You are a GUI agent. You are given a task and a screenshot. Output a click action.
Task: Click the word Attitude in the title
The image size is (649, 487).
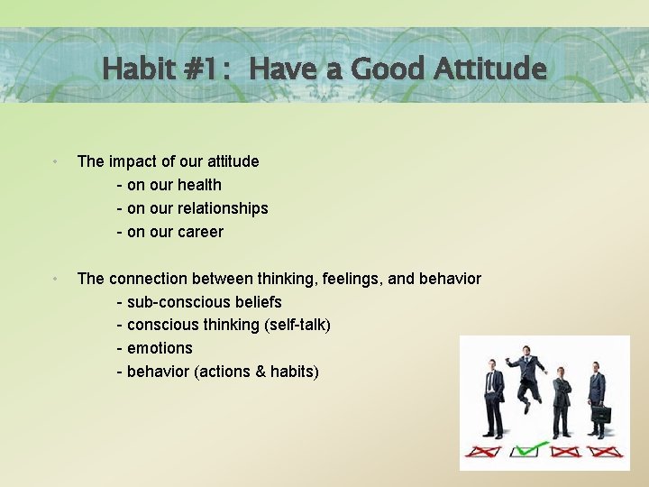(x=489, y=69)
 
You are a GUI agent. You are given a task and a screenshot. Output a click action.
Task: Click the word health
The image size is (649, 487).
(x=199, y=185)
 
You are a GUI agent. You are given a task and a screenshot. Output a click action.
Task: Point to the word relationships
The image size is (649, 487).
(x=223, y=208)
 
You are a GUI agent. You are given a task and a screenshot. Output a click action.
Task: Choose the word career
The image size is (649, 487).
(x=200, y=232)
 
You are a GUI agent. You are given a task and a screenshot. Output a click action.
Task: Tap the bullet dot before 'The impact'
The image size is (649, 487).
(x=56, y=162)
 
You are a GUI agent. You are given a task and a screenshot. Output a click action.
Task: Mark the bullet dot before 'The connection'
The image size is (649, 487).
(x=56, y=280)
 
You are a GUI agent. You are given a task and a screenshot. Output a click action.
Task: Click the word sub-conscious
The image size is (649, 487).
(x=179, y=302)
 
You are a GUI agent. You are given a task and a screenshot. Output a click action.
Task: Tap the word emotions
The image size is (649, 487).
(x=160, y=348)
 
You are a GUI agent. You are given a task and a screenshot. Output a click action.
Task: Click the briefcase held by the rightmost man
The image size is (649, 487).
(x=601, y=415)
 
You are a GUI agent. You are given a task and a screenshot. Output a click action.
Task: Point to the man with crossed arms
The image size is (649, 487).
(x=562, y=397)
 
